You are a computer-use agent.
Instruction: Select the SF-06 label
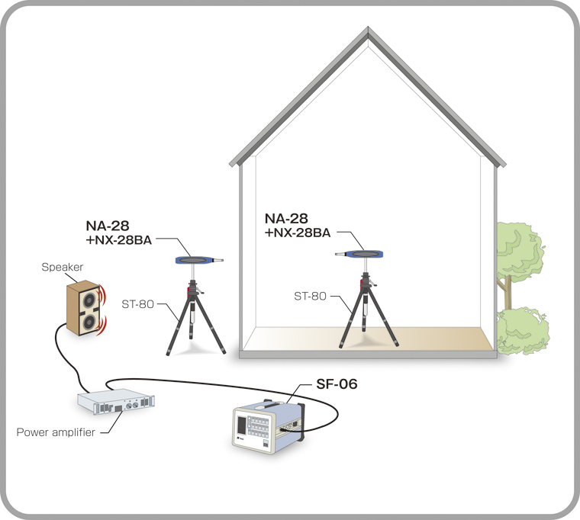(x=336, y=384)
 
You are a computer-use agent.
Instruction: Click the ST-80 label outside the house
(x=138, y=303)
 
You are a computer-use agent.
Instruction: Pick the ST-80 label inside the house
(x=311, y=294)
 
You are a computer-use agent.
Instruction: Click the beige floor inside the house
(x=427, y=340)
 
